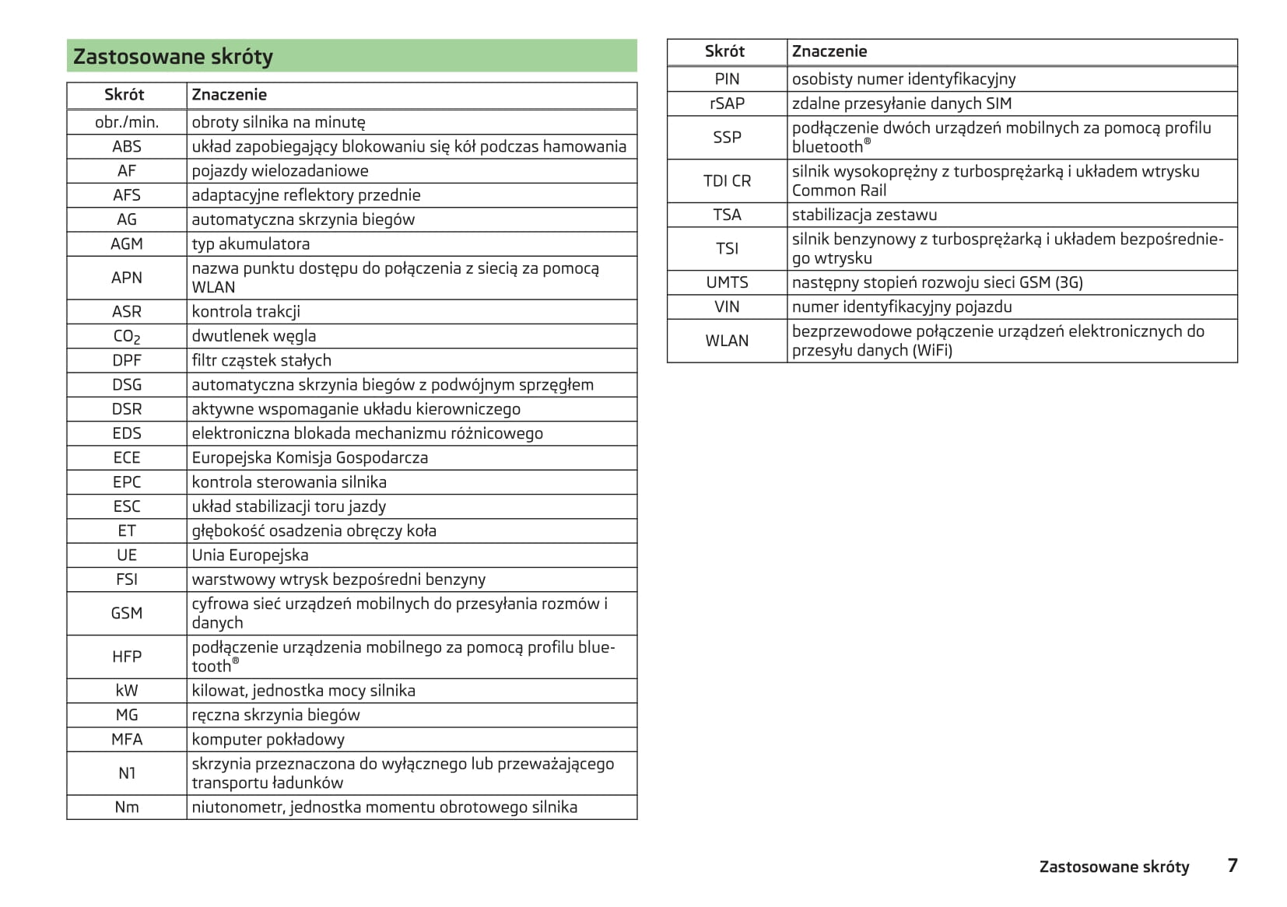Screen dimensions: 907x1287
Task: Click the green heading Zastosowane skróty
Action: coord(173,57)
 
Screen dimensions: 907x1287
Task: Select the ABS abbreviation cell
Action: coord(127,147)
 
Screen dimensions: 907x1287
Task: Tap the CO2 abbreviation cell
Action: coord(127,337)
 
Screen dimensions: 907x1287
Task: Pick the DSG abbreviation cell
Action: coord(127,385)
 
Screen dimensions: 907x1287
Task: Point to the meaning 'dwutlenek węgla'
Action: coord(254,336)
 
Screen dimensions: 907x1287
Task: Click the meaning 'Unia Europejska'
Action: coord(250,555)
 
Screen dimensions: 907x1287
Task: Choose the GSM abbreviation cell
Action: coord(127,614)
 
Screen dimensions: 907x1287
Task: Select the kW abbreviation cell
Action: coord(127,691)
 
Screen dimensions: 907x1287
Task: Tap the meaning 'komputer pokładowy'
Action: coord(268,740)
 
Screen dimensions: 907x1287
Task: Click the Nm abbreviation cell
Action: coord(127,807)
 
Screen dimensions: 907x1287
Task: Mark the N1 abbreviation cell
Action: coord(127,773)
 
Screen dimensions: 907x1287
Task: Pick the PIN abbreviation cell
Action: coord(727,79)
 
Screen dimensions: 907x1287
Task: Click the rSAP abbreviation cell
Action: coord(727,103)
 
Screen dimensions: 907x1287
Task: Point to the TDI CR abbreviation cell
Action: coord(727,181)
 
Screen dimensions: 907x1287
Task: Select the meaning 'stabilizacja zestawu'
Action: coord(864,215)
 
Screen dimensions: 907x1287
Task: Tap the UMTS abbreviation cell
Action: coord(727,283)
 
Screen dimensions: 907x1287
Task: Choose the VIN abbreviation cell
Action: coord(727,307)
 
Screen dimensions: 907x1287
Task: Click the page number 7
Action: coord(1232,866)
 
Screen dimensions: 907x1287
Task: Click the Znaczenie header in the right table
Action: coord(829,52)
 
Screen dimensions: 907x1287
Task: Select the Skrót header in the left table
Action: coord(124,95)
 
